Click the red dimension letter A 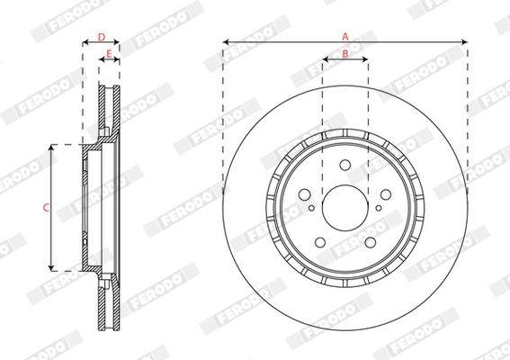pyautogui.click(x=345, y=37)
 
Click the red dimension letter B pyautogui.click(x=345, y=54)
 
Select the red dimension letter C pyautogui.click(x=46, y=207)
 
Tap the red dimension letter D pyautogui.click(x=102, y=38)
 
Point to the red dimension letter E pyautogui.click(x=109, y=54)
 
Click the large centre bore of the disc pyautogui.click(x=345, y=208)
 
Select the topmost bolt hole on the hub pyautogui.click(x=345, y=165)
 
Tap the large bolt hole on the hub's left pyautogui.click(x=304, y=194)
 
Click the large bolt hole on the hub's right pyautogui.click(x=386, y=194)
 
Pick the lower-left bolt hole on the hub pyautogui.click(x=320, y=242)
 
